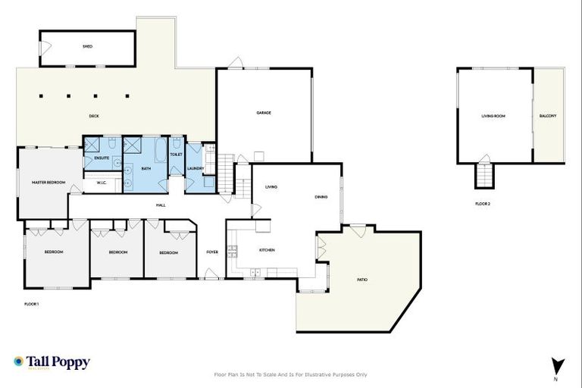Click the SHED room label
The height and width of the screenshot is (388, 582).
click(87, 47)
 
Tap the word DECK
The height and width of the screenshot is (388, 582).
click(94, 116)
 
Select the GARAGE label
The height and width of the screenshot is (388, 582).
click(263, 113)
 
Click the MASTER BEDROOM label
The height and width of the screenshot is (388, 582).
click(48, 183)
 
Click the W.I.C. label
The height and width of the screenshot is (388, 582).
click(100, 183)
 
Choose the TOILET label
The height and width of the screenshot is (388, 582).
click(176, 154)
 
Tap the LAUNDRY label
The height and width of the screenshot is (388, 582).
click(196, 168)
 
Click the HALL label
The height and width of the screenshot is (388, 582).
click(161, 205)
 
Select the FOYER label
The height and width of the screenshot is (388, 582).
click(212, 252)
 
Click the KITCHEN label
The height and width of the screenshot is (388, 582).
click(267, 250)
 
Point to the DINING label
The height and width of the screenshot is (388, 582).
click(321, 197)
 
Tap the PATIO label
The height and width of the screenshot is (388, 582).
click(362, 280)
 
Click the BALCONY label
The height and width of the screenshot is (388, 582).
click(548, 116)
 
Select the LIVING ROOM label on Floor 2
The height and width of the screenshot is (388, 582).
click(493, 116)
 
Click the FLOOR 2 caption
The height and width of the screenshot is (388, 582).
click(483, 204)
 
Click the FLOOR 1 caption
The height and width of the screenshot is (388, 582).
click(32, 303)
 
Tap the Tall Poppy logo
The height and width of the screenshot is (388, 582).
click(52, 362)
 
